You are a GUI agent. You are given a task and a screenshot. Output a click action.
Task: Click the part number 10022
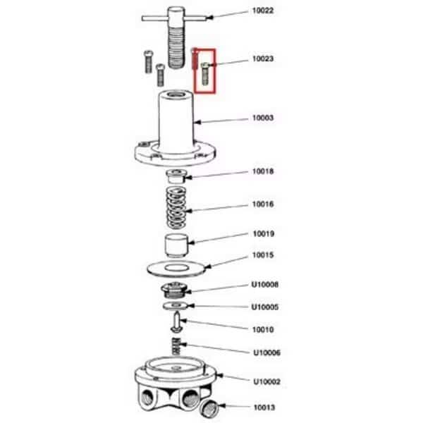(x=263, y=11)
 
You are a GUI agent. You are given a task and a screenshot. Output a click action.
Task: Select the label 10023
(x=263, y=59)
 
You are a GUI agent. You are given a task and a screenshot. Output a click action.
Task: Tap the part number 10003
(x=263, y=118)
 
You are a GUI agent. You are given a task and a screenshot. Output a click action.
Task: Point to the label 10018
(x=263, y=171)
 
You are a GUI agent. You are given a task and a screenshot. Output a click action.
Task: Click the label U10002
(x=266, y=381)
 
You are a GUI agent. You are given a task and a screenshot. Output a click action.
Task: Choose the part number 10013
(x=264, y=407)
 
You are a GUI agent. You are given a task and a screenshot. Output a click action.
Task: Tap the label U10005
(x=265, y=307)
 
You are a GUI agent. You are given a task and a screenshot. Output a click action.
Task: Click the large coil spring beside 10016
(x=176, y=208)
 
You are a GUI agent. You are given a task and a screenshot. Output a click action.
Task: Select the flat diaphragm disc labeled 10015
(x=176, y=269)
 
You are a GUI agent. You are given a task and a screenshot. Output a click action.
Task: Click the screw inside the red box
(x=205, y=73)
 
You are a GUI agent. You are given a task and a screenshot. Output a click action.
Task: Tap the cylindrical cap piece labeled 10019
(x=176, y=245)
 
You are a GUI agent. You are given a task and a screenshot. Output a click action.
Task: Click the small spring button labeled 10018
(x=176, y=176)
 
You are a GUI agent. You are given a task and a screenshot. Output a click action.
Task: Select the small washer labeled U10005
(x=176, y=306)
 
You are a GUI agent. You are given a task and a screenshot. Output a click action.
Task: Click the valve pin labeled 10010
(x=177, y=321)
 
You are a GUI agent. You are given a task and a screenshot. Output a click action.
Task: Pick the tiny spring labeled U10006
(x=176, y=346)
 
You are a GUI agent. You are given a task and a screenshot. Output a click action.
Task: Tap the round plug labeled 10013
(x=209, y=409)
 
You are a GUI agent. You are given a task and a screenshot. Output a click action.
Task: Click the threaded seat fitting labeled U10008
(x=174, y=290)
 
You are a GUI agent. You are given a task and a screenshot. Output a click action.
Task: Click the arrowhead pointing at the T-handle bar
(x=210, y=18)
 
